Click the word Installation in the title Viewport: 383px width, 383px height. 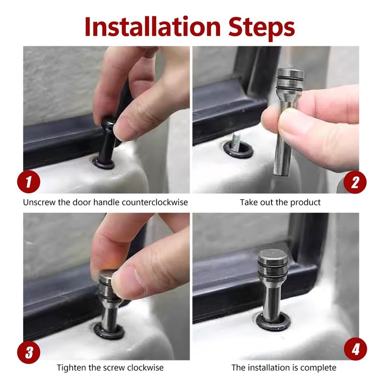pos(153,26)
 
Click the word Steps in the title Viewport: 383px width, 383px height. pos(261,28)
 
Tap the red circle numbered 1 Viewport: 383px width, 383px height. pos(29,182)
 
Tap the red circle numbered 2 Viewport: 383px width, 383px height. pos(355,182)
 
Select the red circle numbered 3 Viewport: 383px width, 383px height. pos(29,352)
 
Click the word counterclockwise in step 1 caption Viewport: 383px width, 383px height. pos(155,202)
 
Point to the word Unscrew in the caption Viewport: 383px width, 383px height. pos(39,202)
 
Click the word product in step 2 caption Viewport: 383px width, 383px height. pos(305,203)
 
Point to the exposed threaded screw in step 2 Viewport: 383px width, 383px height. pos(236,142)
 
